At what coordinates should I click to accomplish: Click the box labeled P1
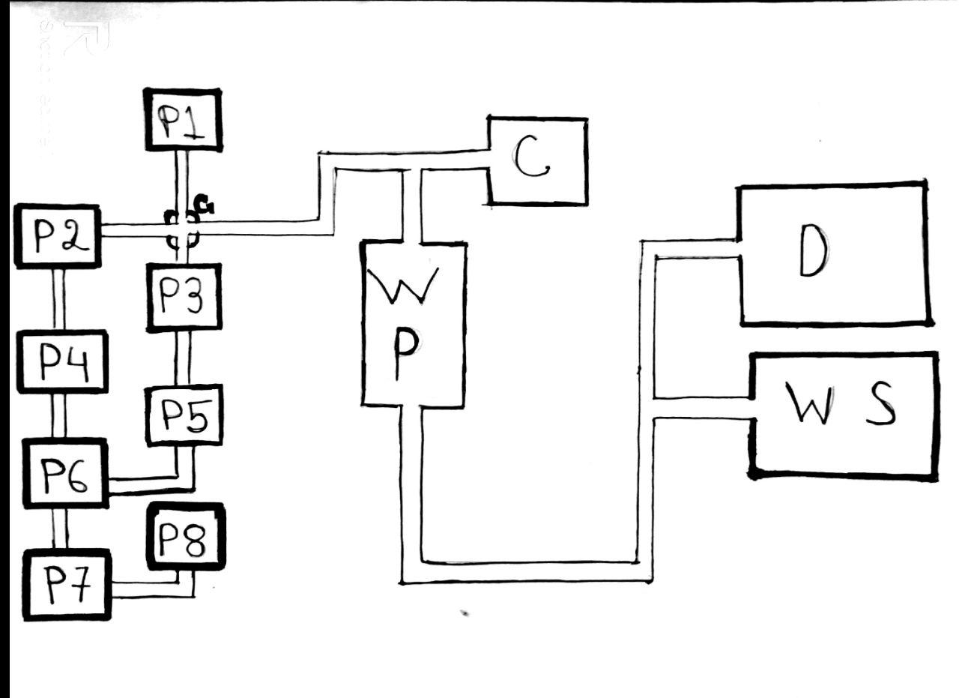click(x=183, y=120)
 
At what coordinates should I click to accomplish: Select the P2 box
click(x=58, y=236)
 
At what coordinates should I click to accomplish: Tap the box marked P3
click(x=184, y=298)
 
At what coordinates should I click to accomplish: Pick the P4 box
click(x=62, y=361)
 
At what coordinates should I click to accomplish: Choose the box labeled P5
click(x=184, y=415)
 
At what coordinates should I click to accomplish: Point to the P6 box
click(x=65, y=473)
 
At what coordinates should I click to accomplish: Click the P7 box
click(x=67, y=585)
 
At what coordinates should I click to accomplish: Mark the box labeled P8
click(x=186, y=537)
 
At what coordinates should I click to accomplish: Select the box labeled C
click(x=537, y=160)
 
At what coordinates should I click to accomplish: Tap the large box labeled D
click(x=834, y=253)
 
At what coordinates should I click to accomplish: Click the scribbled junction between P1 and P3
click(x=185, y=229)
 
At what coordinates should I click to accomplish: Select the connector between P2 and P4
click(x=58, y=299)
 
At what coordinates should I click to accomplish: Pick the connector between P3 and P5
click(x=182, y=358)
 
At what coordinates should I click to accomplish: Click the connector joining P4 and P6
click(x=58, y=415)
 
